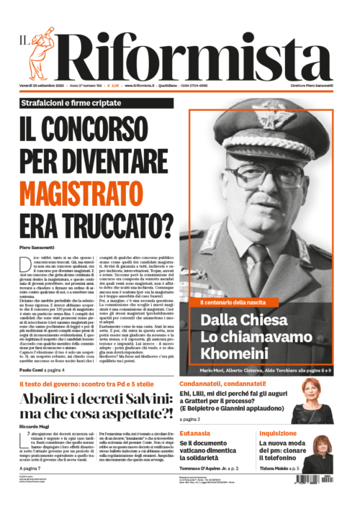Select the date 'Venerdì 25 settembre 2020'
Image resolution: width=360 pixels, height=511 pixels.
(x=48, y=86)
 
